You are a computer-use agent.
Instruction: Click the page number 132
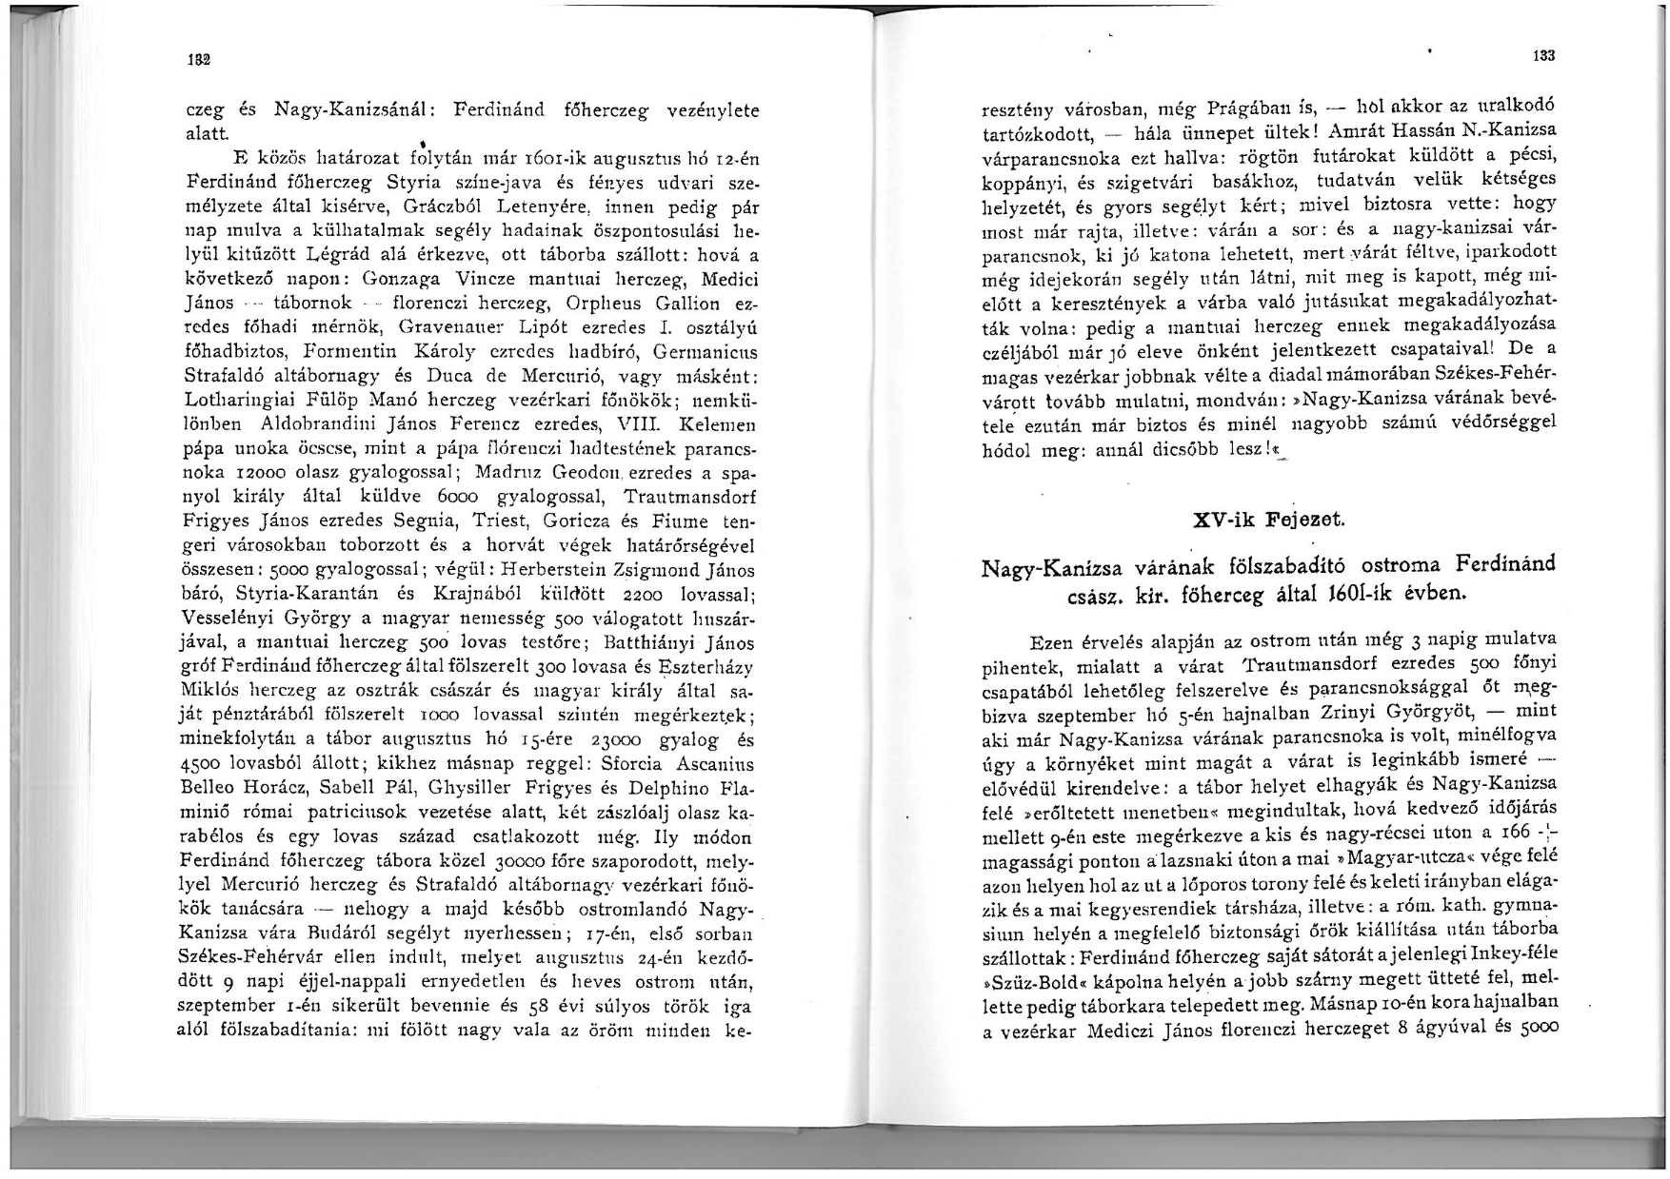pyautogui.click(x=198, y=58)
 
